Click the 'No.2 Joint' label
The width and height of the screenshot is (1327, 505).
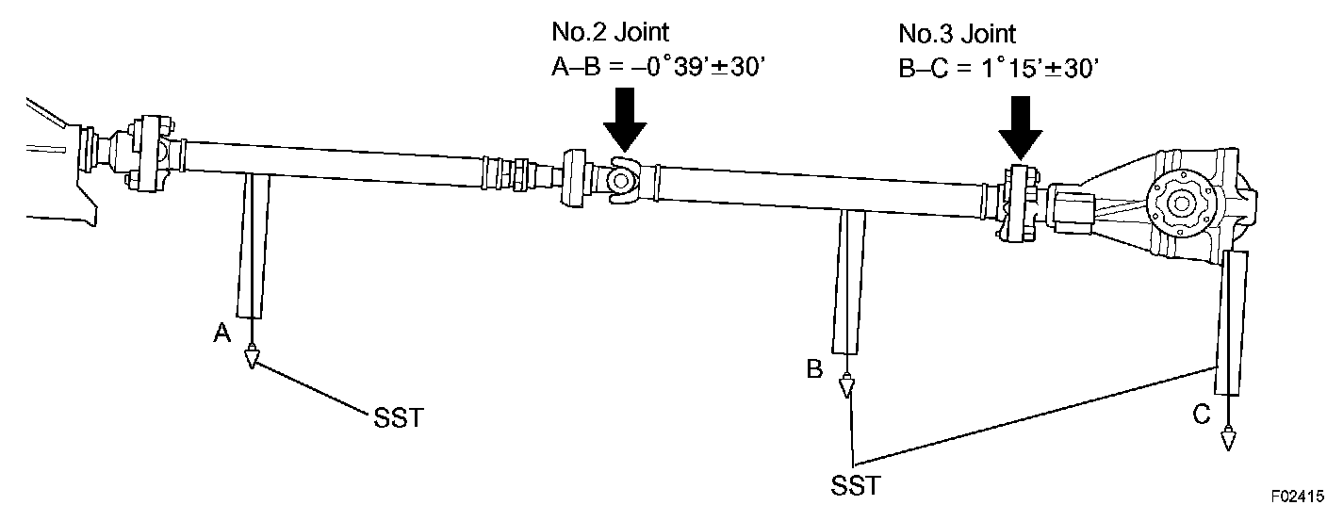point(610,32)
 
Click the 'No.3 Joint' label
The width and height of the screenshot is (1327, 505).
point(957,35)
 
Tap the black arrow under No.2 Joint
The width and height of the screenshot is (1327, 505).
point(625,122)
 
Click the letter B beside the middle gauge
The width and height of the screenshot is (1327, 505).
point(814,368)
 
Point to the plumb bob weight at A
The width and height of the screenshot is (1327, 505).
point(251,358)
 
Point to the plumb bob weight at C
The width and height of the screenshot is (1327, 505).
point(1228,439)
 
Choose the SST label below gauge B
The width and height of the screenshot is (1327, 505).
point(856,486)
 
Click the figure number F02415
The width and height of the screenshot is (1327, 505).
point(1296,494)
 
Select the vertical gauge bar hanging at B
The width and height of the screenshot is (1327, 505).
point(847,281)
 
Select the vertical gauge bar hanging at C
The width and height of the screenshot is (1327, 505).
point(1231,323)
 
